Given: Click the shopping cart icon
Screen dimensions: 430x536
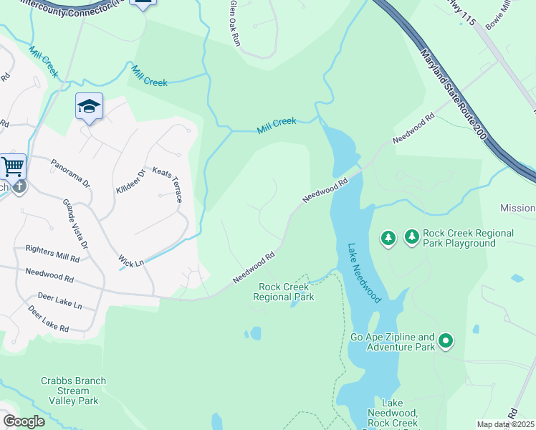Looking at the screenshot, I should [13, 166].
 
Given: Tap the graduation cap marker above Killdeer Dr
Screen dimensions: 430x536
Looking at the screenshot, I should [89, 107].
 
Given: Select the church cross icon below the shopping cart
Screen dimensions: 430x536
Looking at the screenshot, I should [19, 186].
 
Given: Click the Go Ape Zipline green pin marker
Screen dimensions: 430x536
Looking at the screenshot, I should [446, 340].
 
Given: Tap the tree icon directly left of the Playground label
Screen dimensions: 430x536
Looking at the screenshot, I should [388, 237].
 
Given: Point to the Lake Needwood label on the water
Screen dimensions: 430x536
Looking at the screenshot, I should [365, 272].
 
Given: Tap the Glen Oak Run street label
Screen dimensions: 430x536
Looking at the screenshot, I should [234, 24].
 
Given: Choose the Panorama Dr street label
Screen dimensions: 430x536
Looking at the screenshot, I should [70, 173].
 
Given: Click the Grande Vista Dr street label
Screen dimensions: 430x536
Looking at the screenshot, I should [75, 224].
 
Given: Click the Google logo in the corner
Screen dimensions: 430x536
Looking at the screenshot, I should [24, 421].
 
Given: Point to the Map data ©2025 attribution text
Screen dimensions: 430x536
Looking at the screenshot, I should [505, 424].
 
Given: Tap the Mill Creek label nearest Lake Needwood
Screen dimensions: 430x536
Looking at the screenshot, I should [277, 126].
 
